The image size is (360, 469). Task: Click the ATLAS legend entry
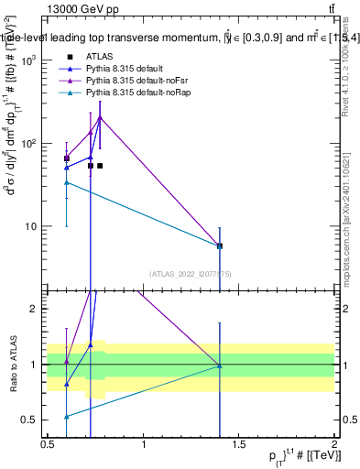(x=98, y=56)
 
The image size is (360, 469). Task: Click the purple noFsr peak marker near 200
(x=100, y=117)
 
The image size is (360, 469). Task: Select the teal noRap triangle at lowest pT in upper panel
(x=67, y=182)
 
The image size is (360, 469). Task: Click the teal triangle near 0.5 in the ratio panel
(x=67, y=416)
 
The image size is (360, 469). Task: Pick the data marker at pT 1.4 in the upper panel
(x=219, y=245)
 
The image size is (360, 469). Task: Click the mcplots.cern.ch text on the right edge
(x=348, y=247)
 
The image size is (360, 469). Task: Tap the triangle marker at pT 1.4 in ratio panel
(x=219, y=365)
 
